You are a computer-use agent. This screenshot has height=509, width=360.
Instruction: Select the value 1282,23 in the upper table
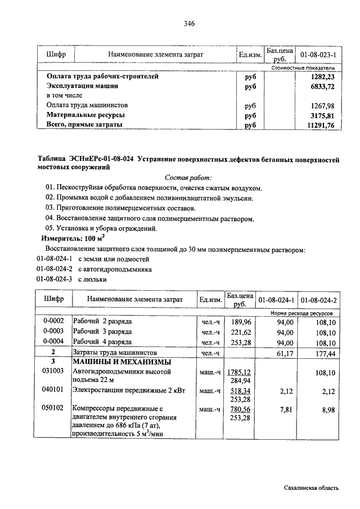pyautogui.click(x=321, y=76)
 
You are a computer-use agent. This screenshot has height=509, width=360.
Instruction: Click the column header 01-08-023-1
pyautogui.click(x=318, y=55)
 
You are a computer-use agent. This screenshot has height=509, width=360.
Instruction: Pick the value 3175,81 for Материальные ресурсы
pyautogui.click(x=321, y=115)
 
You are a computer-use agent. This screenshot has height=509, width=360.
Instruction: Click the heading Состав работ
pyautogui.click(x=188, y=177)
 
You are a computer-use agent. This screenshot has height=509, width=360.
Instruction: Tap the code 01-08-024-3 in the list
pyautogui.click(x=55, y=279)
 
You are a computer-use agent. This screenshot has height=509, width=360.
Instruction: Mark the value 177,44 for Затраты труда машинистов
pyautogui.click(x=324, y=353)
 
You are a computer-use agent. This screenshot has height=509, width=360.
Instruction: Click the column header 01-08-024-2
pyautogui.click(x=318, y=300)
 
